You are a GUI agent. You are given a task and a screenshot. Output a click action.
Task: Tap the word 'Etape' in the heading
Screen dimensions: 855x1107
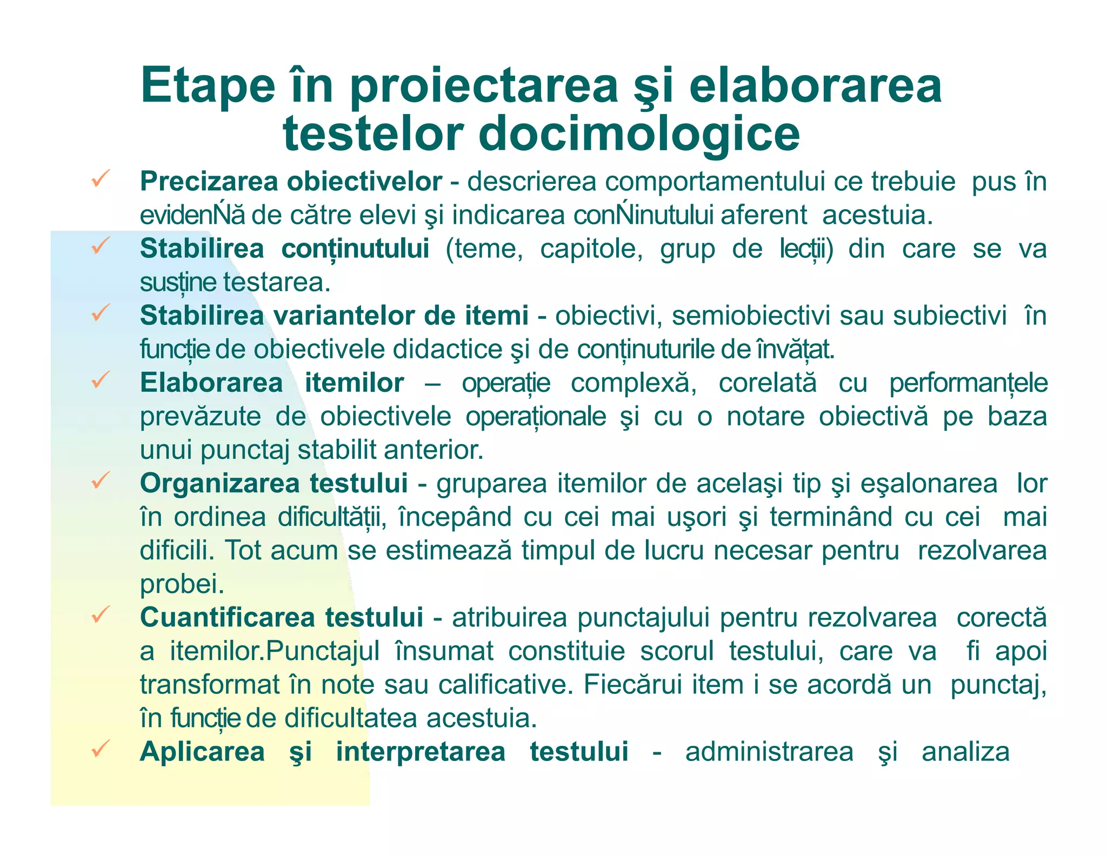tap(208, 85)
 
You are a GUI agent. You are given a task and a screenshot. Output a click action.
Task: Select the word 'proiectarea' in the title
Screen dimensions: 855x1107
tap(484, 86)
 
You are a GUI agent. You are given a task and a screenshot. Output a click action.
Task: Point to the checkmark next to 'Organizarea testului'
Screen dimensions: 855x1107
tap(101, 479)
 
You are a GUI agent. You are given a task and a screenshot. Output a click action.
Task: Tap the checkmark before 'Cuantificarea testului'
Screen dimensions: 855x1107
tap(101, 614)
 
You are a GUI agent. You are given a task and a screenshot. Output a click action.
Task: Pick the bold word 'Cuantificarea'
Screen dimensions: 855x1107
tap(227, 617)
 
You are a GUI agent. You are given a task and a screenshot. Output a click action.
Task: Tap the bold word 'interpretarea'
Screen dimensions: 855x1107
tap(421, 752)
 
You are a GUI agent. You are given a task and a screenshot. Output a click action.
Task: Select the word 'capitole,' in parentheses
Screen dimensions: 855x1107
tap(591, 249)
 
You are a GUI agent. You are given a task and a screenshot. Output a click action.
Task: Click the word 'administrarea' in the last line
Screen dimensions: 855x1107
tap(769, 752)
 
